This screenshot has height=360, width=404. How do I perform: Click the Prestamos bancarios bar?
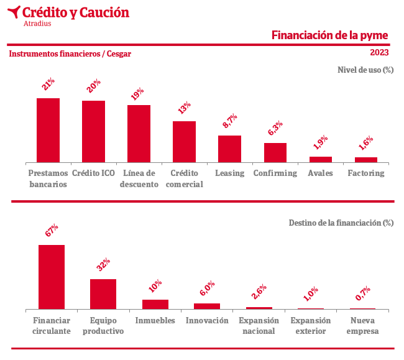point(48,131)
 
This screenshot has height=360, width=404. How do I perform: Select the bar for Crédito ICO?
point(93,132)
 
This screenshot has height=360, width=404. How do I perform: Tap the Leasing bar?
point(229,149)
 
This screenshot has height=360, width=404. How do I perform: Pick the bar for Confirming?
point(275,153)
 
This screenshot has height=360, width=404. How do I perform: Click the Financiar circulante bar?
point(52,277)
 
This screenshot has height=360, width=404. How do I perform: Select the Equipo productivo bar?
point(103,294)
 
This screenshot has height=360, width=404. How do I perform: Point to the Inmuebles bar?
point(155,304)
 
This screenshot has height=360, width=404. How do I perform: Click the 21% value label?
point(48,84)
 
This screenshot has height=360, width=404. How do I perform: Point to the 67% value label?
point(52,230)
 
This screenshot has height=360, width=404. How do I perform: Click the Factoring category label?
point(366,173)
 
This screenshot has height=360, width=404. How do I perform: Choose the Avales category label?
point(321,173)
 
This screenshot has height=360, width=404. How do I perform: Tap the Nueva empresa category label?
point(362,326)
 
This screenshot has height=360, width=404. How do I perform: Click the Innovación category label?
point(206,321)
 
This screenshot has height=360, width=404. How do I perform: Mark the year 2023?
point(379,53)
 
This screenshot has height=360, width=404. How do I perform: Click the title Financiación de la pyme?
point(329,35)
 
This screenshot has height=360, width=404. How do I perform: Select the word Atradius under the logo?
point(37,24)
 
